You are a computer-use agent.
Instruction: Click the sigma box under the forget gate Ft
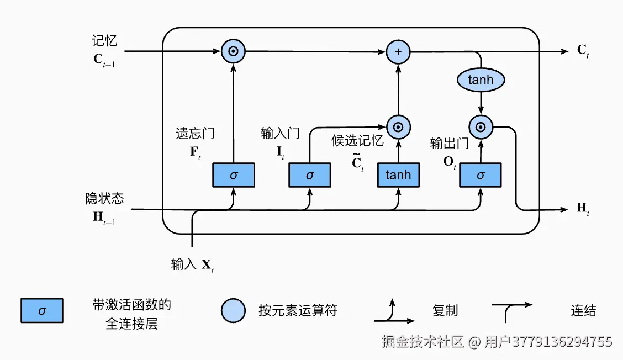(x=233, y=175)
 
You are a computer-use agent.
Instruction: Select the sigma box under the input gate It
(x=309, y=175)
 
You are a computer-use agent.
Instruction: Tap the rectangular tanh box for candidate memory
(x=398, y=175)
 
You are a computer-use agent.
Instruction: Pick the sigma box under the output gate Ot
(x=480, y=175)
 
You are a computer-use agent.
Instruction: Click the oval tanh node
(x=481, y=81)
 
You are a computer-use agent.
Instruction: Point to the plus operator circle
(x=398, y=51)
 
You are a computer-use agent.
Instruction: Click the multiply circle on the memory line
(x=233, y=51)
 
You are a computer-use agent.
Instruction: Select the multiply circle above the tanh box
(x=398, y=128)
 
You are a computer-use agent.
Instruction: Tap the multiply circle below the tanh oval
(x=481, y=128)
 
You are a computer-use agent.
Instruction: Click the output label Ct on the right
(x=583, y=51)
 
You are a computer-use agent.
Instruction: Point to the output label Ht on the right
(x=583, y=209)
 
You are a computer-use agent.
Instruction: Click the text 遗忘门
(x=195, y=133)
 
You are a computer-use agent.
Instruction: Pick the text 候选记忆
(x=357, y=140)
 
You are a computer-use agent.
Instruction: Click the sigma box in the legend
(x=42, y=310)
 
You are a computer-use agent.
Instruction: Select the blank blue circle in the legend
(x=233, y=310)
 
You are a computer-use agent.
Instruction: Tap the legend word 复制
(x=445, y=310)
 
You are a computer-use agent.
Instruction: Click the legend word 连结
(x=583, y=310)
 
